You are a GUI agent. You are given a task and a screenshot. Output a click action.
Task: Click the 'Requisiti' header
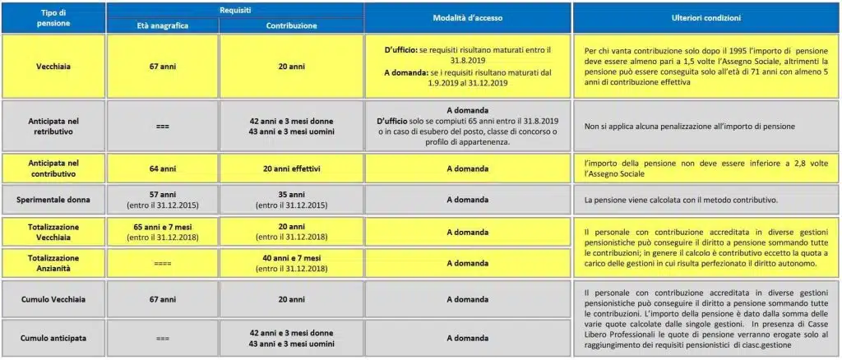click(x=235, y=9)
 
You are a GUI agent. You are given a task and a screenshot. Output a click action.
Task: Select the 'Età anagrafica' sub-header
click(x=163, y=25)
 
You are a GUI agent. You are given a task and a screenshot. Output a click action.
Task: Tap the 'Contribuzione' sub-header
click(x=291, y=25)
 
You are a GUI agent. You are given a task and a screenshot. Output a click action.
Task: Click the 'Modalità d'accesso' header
click(x=468, y=17)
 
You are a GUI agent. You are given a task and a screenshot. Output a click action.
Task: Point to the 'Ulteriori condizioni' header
click(x=707, y=17)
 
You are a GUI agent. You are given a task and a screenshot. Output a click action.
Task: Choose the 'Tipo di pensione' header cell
click(x=53, y=17)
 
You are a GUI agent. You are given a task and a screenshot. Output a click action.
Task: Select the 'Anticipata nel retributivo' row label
click(x=53, y=125)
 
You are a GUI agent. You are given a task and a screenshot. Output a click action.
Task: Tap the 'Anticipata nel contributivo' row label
click(x=53, y=168)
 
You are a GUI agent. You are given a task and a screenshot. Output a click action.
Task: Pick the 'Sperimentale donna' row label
click(x=53, y=200)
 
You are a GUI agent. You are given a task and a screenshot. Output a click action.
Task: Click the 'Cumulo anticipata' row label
click(x=53, y=337)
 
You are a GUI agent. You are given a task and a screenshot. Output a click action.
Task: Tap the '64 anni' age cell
click(x=163, y=168)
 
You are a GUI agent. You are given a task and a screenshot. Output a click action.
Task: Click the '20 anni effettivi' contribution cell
click(x=291, y=168)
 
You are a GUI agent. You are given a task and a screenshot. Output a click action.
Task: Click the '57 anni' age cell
click(x=163, y=195)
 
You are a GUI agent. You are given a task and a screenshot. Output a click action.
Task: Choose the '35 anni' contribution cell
click(x=291, y=195)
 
